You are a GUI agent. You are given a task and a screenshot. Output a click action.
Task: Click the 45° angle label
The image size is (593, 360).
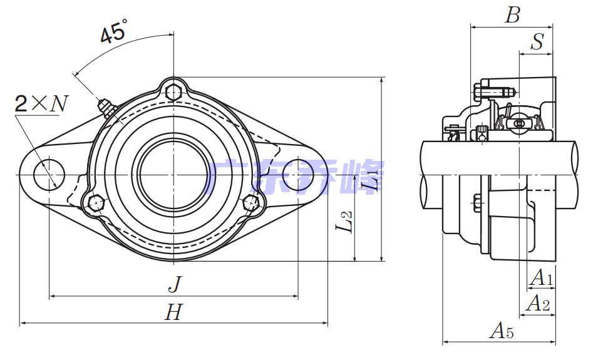coord(114,32)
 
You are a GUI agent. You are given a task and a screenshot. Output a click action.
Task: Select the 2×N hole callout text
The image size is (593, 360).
coord(41,103)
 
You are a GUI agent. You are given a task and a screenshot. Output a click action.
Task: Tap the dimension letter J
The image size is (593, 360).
coord(175,284)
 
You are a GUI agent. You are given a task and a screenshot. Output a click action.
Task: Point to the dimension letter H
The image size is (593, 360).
coord(173,312)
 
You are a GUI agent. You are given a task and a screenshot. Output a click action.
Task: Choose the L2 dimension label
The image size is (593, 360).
coord(344,221)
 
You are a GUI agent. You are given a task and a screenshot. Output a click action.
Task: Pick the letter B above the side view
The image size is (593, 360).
coord(513,15)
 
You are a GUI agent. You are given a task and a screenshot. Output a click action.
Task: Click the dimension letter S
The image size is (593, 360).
coord(537,41)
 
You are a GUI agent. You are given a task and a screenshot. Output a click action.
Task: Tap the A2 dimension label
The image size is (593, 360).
coord(538,303)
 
